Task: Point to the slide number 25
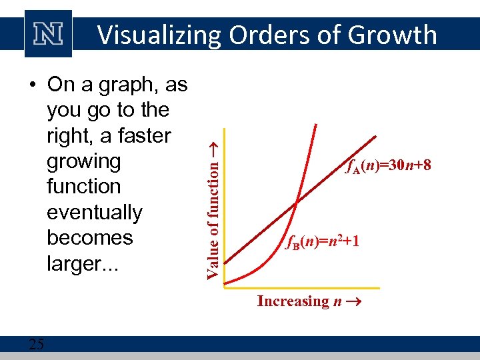(x=37, y=344)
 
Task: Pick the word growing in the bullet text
(x=83, y=161)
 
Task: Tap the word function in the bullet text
(x=83, y=187)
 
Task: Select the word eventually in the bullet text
(x=94, y=213)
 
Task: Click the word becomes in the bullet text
(x=90, y=238)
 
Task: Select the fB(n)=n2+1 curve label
(x=323, y=241)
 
